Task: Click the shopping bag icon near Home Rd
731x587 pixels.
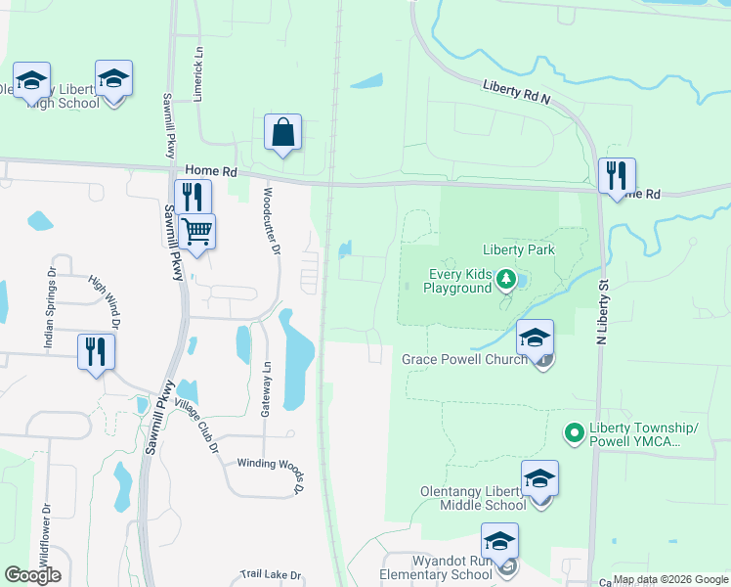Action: click(282, 132)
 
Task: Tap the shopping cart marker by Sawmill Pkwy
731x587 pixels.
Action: click(196, 232)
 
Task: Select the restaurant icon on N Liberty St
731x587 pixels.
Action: click(617, 176)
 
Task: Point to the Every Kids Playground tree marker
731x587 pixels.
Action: click(506, 281)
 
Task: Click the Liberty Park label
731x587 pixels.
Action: click(518, 250)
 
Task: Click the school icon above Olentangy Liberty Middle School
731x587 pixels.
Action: click(539, 478)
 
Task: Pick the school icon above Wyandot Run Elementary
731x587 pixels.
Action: click(499, 541)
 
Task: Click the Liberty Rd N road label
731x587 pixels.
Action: click(517, 93)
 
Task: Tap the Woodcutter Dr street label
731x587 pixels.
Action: click(272, 224)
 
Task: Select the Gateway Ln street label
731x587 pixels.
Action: click(265, 389)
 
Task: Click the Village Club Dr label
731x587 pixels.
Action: click(195, 427)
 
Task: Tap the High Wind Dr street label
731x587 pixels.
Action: click(104, 300)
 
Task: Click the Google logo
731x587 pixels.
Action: click(32, 575)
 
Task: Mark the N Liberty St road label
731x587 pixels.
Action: click(603, 312)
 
